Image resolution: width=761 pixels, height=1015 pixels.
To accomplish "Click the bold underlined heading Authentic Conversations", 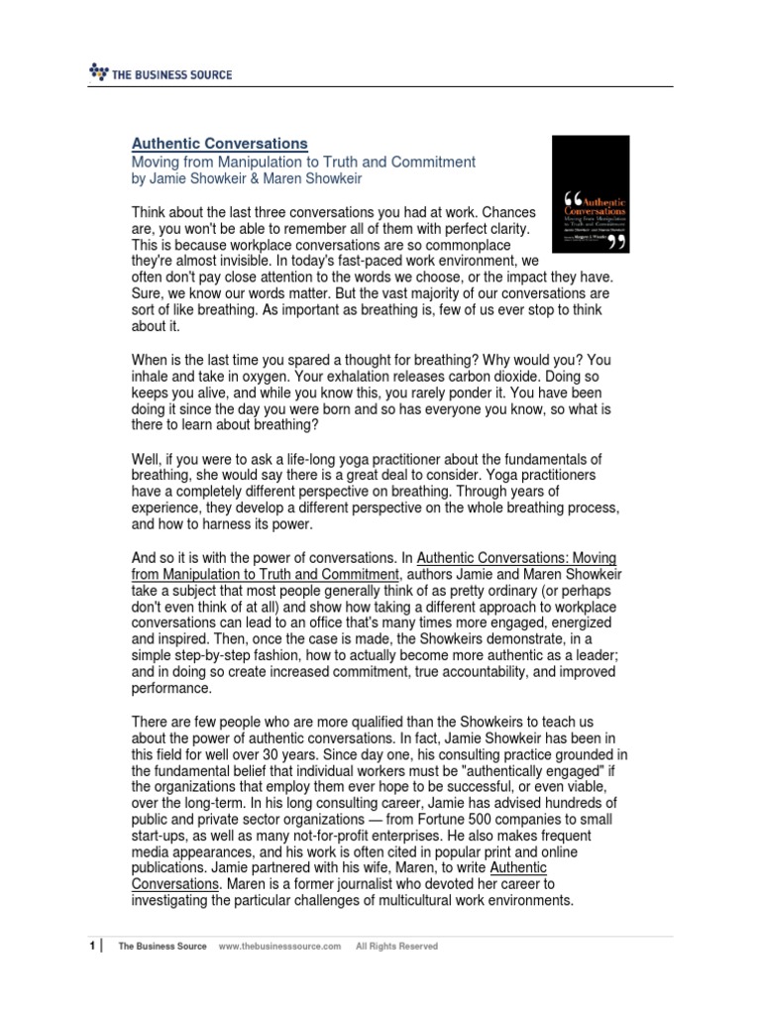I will [x=220, y=143].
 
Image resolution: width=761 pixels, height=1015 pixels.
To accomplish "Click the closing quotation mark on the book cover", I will [x=617, y=240].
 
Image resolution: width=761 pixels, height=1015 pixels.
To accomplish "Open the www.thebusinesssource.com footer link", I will [x=278, y=947].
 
